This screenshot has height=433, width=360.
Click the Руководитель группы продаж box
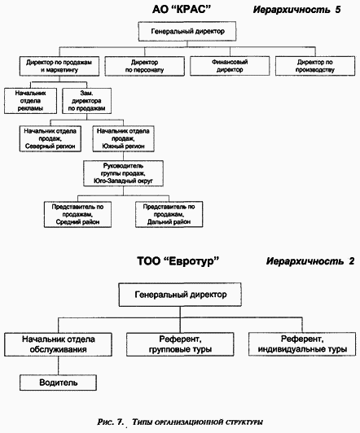(123, 173)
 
